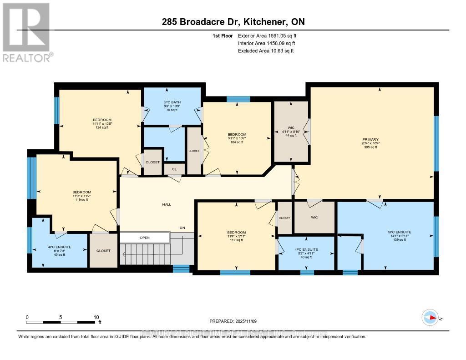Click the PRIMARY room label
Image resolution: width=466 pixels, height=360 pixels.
pos(370,140)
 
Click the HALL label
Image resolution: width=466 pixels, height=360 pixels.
pos(167,205)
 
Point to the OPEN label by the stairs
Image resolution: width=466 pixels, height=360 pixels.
pos(145,238)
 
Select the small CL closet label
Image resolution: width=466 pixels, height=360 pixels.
pos(174,169)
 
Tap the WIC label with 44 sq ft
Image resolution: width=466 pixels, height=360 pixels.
pos(291,129)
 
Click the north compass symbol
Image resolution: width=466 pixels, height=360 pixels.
pos(430,317)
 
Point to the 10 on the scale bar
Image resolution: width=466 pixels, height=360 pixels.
pos(96,317)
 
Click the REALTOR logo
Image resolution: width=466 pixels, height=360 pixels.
pos(26,32)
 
